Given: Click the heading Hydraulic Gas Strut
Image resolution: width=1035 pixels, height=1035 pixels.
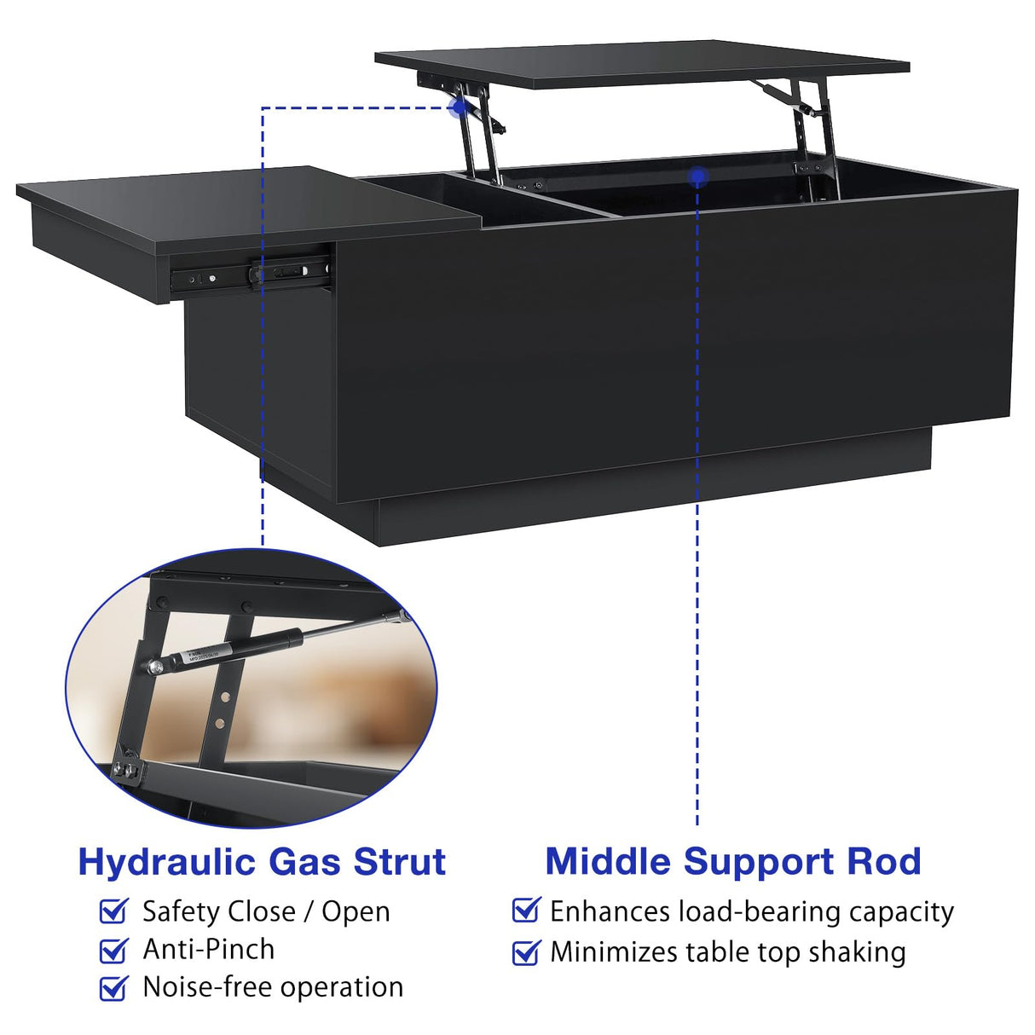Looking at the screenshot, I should click(262, 862).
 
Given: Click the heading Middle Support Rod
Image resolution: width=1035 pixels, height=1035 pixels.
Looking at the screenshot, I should click(733, 861).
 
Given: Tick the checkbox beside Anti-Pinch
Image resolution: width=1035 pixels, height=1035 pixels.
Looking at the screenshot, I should click(113, 950).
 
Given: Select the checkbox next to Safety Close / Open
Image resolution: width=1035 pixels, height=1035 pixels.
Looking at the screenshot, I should click(113, 911).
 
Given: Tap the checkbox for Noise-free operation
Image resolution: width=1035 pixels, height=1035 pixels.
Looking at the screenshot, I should click(113, 988).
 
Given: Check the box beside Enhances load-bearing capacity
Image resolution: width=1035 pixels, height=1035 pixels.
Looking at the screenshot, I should click(526, 911).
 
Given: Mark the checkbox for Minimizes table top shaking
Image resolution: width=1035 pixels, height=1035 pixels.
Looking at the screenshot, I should click(526, 951).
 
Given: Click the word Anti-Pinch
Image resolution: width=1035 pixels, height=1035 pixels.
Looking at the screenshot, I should click(209, 949).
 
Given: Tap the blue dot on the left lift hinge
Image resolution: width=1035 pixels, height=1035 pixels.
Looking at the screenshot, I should click(459, 107).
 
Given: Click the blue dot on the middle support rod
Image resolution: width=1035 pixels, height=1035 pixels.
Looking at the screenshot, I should click(698, 176).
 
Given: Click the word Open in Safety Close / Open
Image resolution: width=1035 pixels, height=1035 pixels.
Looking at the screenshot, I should click(356, 911).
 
